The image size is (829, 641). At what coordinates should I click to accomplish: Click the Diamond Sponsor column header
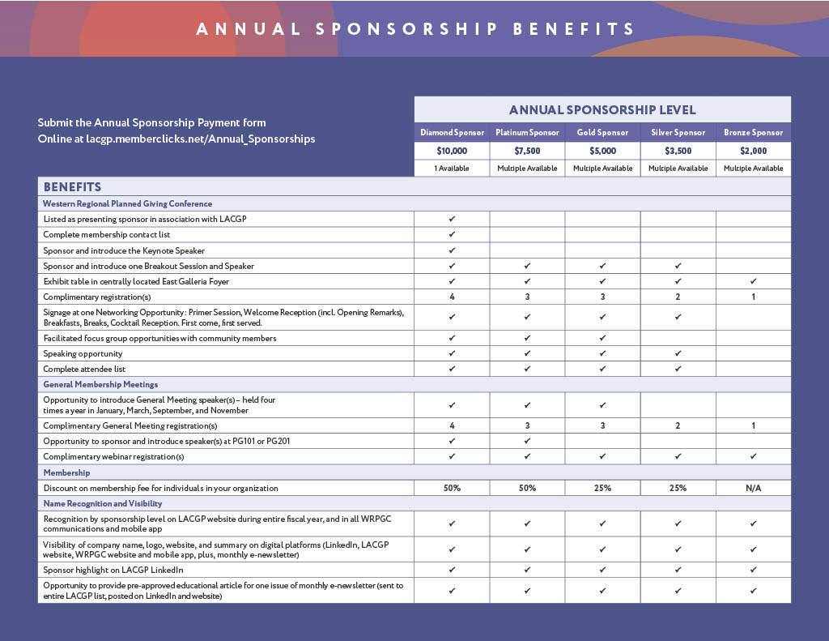tap(452, 132)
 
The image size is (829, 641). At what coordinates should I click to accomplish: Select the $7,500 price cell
tap(527, 151)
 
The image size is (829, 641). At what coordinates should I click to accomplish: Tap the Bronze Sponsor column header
tap(753, 132)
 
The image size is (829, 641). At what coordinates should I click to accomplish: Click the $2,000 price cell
tap(753, 151)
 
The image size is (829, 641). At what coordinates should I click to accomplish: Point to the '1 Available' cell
tap(452, 169)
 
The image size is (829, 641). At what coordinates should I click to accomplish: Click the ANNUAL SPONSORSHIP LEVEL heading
tap(602, 110)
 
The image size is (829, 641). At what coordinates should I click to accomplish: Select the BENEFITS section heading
tap(72, 186)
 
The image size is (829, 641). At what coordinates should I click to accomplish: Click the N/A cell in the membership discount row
tap(753, 488)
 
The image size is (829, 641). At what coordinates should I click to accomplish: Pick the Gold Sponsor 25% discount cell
tap(602, 488)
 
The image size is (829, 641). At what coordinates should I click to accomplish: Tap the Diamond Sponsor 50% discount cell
tap(452, 488)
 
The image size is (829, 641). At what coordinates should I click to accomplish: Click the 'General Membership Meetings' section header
tap(100, 384)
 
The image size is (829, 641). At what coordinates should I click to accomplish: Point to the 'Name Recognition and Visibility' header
tap(103, 503)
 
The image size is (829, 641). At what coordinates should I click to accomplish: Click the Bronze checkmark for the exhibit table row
tap(753, 281)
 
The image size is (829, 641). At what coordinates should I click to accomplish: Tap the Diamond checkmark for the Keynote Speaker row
tap(452, 250)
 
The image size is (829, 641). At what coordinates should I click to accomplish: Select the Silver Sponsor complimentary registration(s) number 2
tap(678, 297)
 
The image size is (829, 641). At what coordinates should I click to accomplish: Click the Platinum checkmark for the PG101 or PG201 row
tap(527, 441)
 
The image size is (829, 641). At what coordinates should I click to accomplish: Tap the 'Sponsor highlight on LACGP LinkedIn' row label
tap(113, 570)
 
